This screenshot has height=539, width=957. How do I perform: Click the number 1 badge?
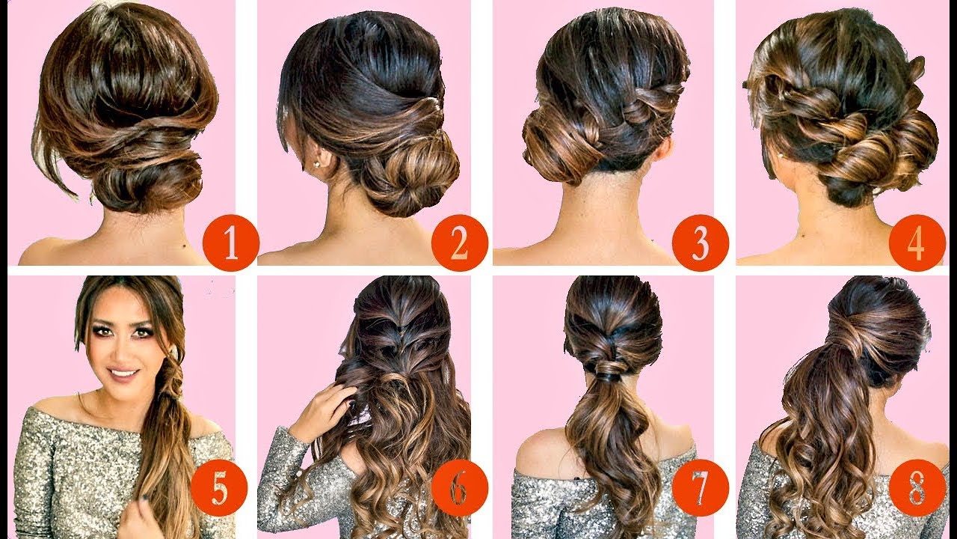[x=230, y=243]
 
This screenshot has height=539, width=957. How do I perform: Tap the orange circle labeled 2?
[x=459, y=243]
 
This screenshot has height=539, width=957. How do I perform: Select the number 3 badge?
[x=700, y=243]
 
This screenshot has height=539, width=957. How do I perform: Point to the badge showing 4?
[x=917, y=243]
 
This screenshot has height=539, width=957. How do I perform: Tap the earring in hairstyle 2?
[x=318, y=163]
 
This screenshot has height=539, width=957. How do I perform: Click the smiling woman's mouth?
[x=124, y=371]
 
